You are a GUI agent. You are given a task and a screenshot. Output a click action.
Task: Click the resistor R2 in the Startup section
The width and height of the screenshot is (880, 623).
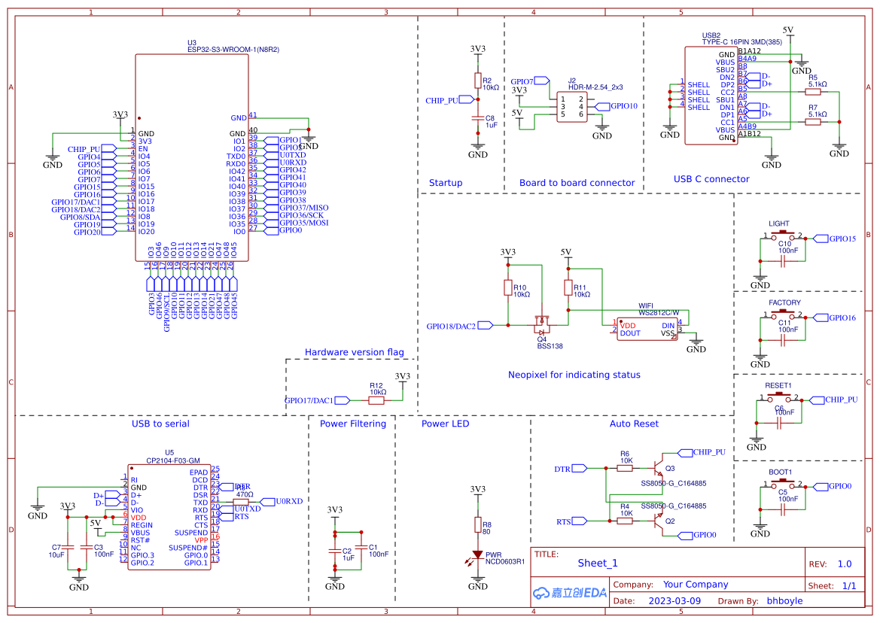[x=477, y=81]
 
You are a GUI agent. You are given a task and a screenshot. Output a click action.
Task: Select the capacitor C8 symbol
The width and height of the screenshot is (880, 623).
[x=477, y=118]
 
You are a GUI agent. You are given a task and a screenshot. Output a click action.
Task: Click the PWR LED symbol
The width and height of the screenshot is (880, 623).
[x=477, y=556]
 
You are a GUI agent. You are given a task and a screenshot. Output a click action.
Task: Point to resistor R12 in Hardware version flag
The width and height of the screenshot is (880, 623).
[x=376, y=400]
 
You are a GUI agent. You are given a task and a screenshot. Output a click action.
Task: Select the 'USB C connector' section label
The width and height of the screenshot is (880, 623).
[x=711, y=179]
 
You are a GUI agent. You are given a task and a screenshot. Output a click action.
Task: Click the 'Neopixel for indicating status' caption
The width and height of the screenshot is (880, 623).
[x=574, y=375]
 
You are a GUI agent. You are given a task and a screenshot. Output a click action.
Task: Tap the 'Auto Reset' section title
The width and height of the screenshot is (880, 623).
[x=634, y=424]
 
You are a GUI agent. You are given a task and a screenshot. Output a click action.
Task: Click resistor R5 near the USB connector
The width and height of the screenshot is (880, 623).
[x=813, y=92]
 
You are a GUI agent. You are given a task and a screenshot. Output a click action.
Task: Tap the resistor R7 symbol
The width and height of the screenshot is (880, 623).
[x=813, y=122]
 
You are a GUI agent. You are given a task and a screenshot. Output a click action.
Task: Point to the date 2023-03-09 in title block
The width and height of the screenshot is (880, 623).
[x=674, y=601]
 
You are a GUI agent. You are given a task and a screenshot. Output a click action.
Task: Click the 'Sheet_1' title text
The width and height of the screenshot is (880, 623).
[x=598, y=563]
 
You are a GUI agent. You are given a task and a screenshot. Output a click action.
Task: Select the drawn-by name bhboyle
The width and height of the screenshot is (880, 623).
[x=784, y=601]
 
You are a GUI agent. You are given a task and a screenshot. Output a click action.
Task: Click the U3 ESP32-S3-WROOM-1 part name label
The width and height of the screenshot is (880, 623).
[x=233, y=49]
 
